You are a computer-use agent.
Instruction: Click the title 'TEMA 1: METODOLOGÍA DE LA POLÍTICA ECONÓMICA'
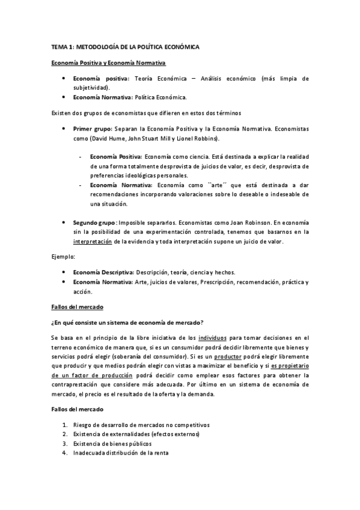[125, 46]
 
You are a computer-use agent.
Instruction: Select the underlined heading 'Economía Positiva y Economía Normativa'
[108, 63]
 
